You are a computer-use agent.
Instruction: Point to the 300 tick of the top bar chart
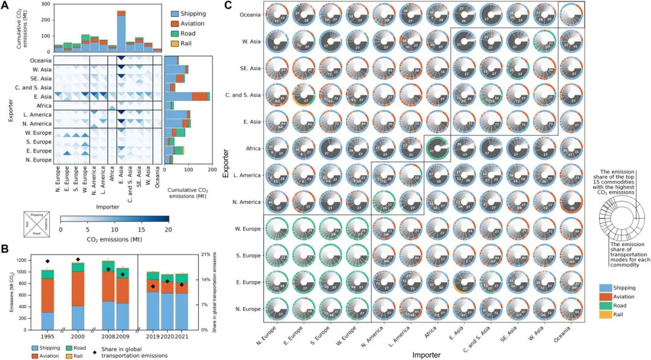pos(46,4)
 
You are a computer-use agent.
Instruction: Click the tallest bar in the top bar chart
pos(121,31)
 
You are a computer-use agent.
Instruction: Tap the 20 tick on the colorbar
pos(169,230)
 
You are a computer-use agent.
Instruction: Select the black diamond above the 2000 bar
pos(77,260)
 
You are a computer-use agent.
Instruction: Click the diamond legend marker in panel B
pos(96,351)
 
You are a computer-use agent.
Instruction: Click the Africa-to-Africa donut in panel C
pos(439,149)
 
